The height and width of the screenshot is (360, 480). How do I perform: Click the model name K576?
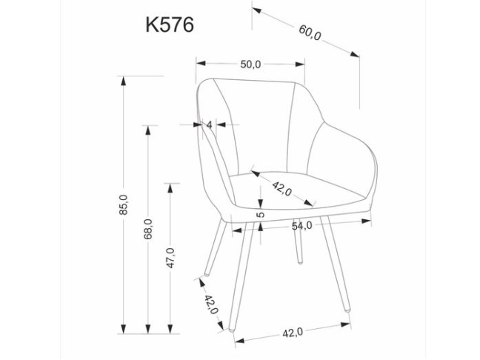point(170,24)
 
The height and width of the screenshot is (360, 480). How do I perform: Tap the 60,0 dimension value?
point(310,33)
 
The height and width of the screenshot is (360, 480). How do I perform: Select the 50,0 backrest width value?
point(250,64)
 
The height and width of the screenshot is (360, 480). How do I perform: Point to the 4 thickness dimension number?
point(210,125)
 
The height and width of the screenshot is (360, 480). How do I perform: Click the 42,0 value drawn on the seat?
point(281,187)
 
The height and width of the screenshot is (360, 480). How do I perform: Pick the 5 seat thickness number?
point(260,214)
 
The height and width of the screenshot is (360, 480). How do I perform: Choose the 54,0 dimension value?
point(301,225)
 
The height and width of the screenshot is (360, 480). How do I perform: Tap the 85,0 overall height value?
point(124,204)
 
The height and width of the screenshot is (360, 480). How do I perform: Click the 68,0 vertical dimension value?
point(148,229)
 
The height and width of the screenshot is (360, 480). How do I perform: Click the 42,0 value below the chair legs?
point(293,333)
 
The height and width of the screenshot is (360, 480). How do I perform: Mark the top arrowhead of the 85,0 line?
point(124,79)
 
